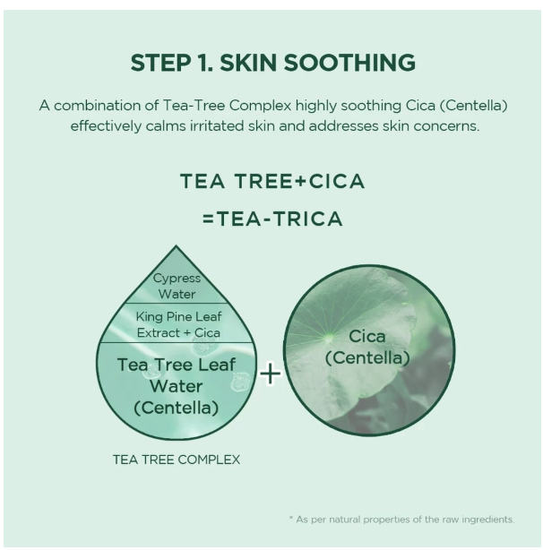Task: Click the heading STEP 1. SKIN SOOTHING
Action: [272, 64]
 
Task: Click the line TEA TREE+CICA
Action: [272, 182]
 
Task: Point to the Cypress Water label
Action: [177, 286]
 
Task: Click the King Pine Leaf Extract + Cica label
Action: [177, 324]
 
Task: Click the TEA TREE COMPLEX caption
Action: [177, 460]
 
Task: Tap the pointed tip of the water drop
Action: [177, 247]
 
